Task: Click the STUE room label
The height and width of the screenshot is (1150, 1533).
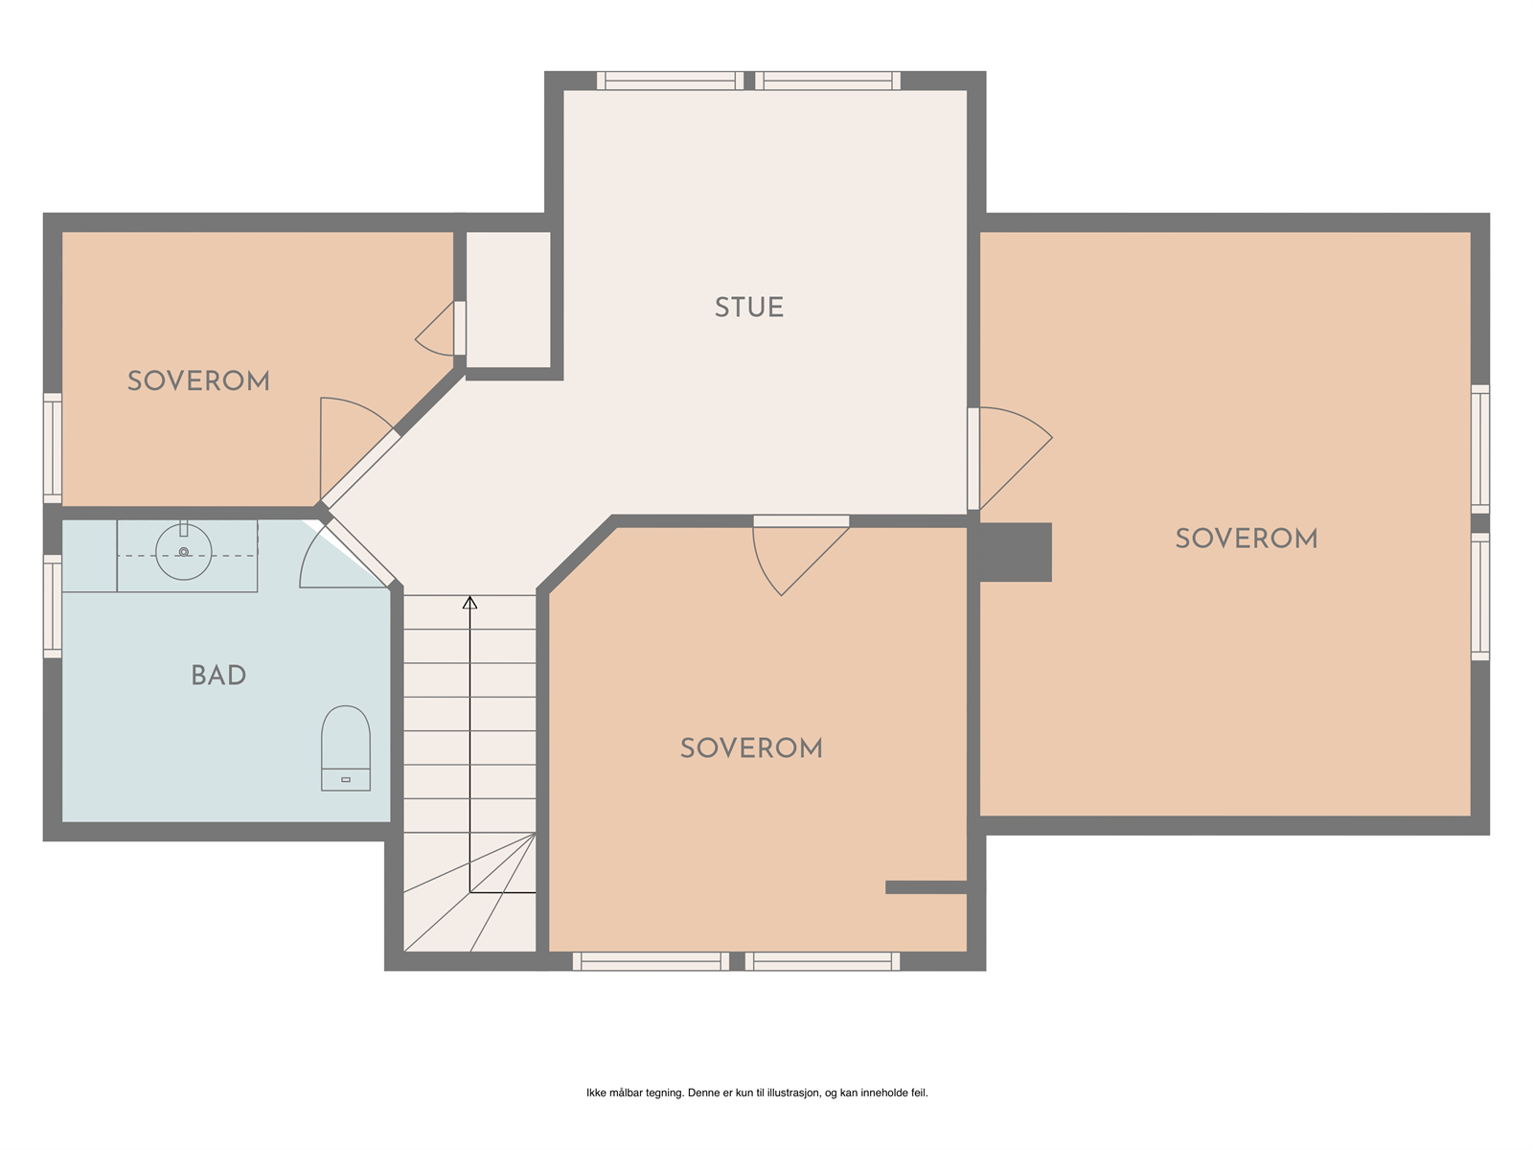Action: [x=749, y=308]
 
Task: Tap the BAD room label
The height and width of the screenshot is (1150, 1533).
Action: [x=218, y=676]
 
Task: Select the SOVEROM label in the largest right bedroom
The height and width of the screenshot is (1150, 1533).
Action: [x=1246, y=539]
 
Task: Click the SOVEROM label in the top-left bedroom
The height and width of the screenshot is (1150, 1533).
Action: [x=198, y=381]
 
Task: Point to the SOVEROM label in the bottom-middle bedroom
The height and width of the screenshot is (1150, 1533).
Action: [x=751, y=748]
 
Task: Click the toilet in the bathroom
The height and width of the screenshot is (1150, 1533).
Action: [x=345, y=748]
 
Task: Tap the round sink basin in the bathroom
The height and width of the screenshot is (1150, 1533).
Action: [x=184, y=552]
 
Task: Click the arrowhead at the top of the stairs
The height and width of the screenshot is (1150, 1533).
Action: [x=469, y=603]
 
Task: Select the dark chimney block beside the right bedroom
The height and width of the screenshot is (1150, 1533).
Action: [x=1015, y=552]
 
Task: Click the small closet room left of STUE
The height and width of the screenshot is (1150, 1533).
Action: [x=508, y=299]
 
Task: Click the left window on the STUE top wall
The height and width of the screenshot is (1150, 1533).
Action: [x=670, y=81]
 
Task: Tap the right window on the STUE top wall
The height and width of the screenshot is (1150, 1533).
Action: [x=828, y=81]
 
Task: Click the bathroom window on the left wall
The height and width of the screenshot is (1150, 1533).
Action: [x=53, y=606]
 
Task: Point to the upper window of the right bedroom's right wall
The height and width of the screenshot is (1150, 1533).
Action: [x=1480, y=448]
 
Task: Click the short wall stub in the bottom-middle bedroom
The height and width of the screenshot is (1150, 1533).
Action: [x=926, y=887]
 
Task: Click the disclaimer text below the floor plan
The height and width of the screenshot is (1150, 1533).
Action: [x=757, y=1092]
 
